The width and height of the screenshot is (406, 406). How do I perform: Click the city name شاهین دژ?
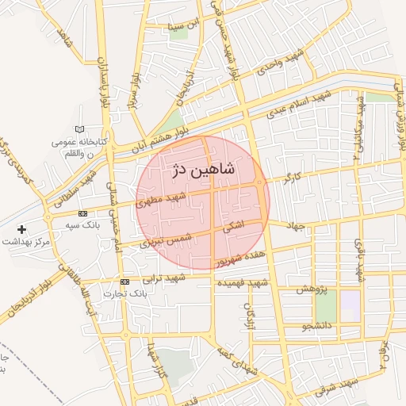(x=203, y=169)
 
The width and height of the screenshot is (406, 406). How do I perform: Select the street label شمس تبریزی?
(x=167, y=235)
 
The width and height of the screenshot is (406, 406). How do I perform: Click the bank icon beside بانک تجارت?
(x=124, y=282)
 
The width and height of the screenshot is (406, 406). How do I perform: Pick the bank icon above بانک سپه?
(x=82, y=213)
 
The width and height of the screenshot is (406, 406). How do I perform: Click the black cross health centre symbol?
(x=22, y=228)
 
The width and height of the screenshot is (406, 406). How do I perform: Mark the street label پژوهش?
(x=312, y=289)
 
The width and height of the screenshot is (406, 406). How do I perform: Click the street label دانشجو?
(x=316, y=325)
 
